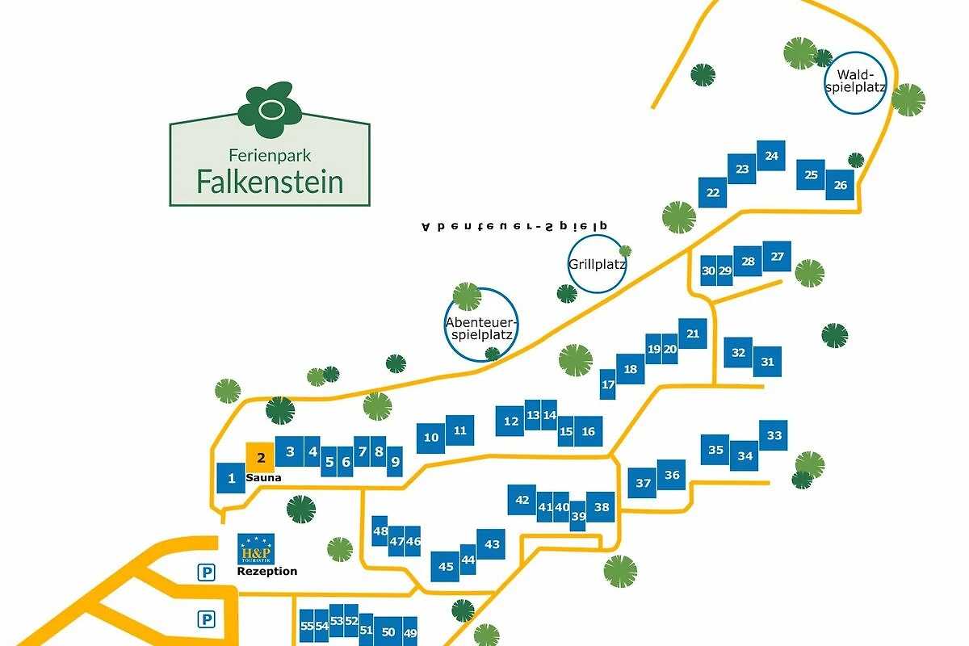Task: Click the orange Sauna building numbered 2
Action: point(260,457)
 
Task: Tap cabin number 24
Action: point(771,156)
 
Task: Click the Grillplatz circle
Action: point(597,264)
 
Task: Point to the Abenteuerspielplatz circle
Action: point(480,324)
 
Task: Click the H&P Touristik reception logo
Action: point(256,549)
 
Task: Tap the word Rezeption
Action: point(266,572)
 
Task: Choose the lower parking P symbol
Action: point(208,619)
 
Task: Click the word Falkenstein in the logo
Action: point(270,181)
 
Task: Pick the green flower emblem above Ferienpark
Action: point(269,109)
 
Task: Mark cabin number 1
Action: point(231,479)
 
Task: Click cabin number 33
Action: point(774,436)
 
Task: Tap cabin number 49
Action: point(409,631)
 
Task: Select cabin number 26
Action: point(840,185)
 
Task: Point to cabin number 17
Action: point(608,384)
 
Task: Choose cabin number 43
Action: point(492,544)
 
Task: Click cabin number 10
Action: point(431,438)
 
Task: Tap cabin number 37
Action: point(643,483)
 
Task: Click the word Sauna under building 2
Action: point(263,478)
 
